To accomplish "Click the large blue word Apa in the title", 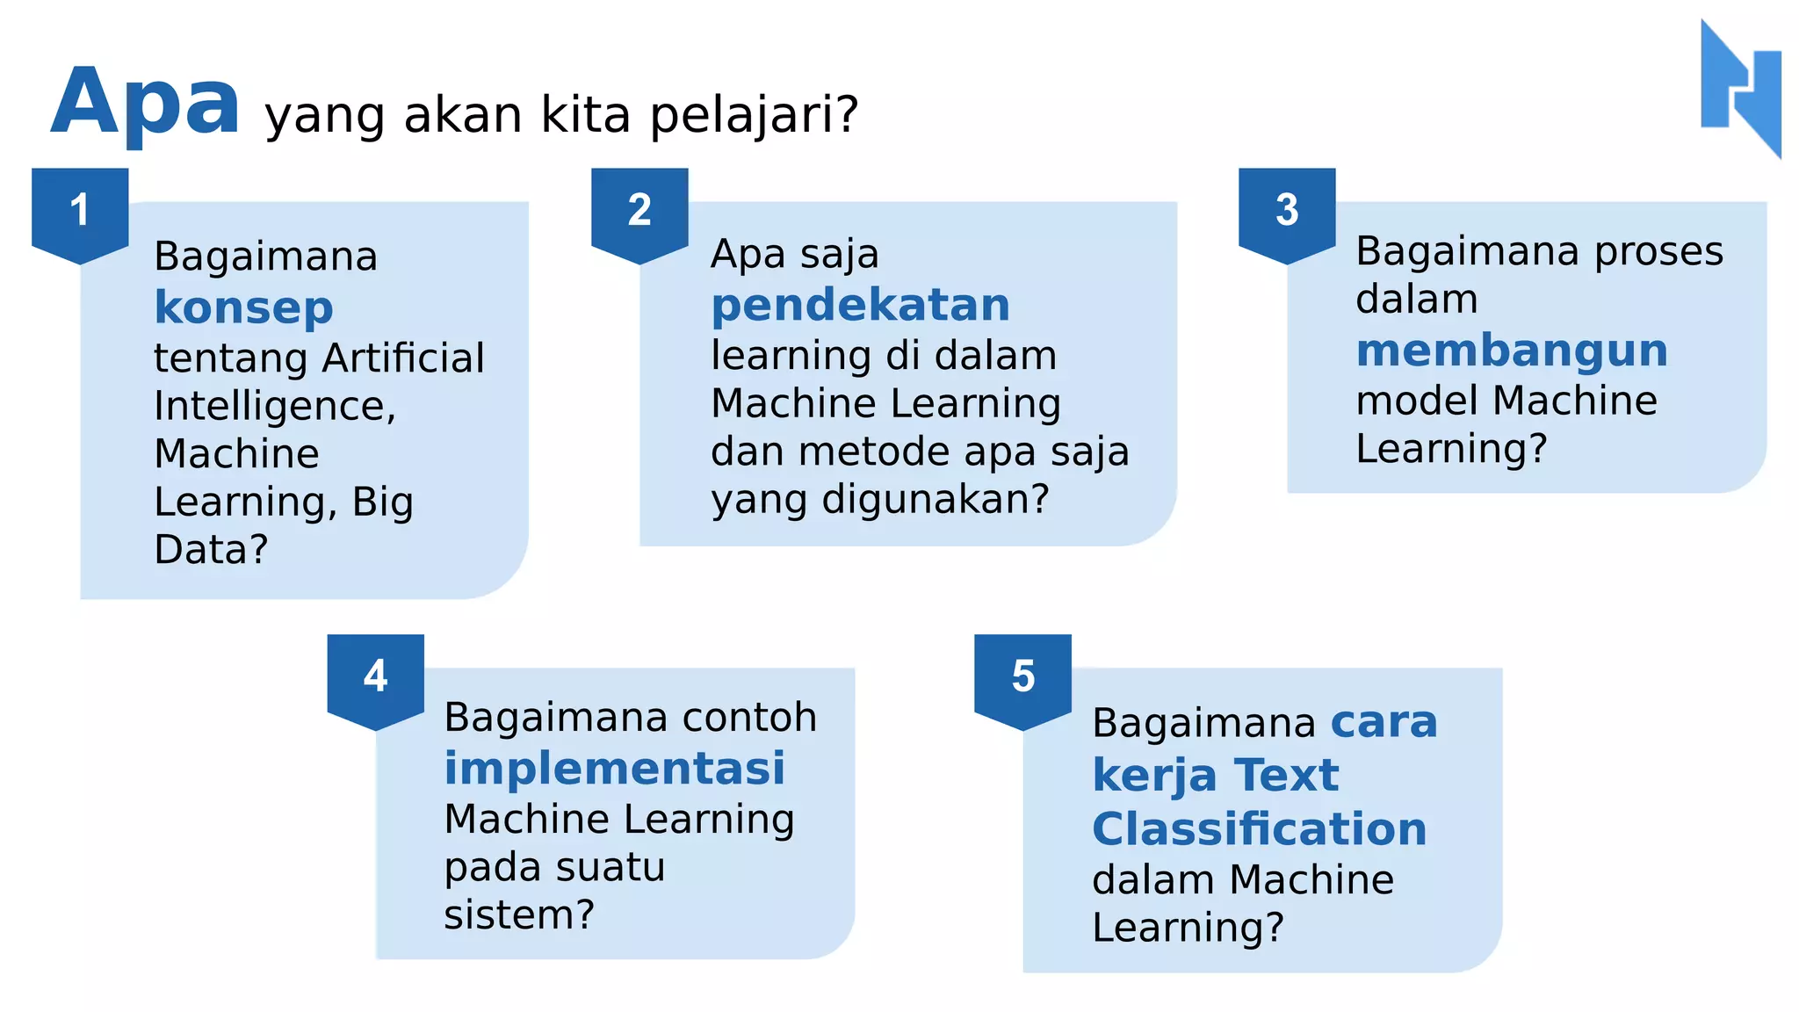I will coord(145,103).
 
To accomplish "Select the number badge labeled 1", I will coord(80,211).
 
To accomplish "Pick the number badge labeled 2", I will coord(639,211).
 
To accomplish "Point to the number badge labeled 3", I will coord(1287,211).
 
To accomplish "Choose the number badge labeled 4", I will coord(375,676).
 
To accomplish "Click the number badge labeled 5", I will coord(1022,676).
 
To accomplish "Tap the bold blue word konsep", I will coord(243,307).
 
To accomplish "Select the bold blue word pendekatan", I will coord(860,305).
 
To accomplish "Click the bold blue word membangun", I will coord(1511,351).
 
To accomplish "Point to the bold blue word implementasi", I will coord(614,769).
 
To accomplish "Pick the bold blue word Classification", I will coord(1259,828).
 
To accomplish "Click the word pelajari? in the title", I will coord(754,115).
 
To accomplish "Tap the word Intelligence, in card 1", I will coord(275,406).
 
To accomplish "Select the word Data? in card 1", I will coord(211,550).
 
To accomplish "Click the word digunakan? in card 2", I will coord(936,499).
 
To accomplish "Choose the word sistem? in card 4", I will coord(519,914).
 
